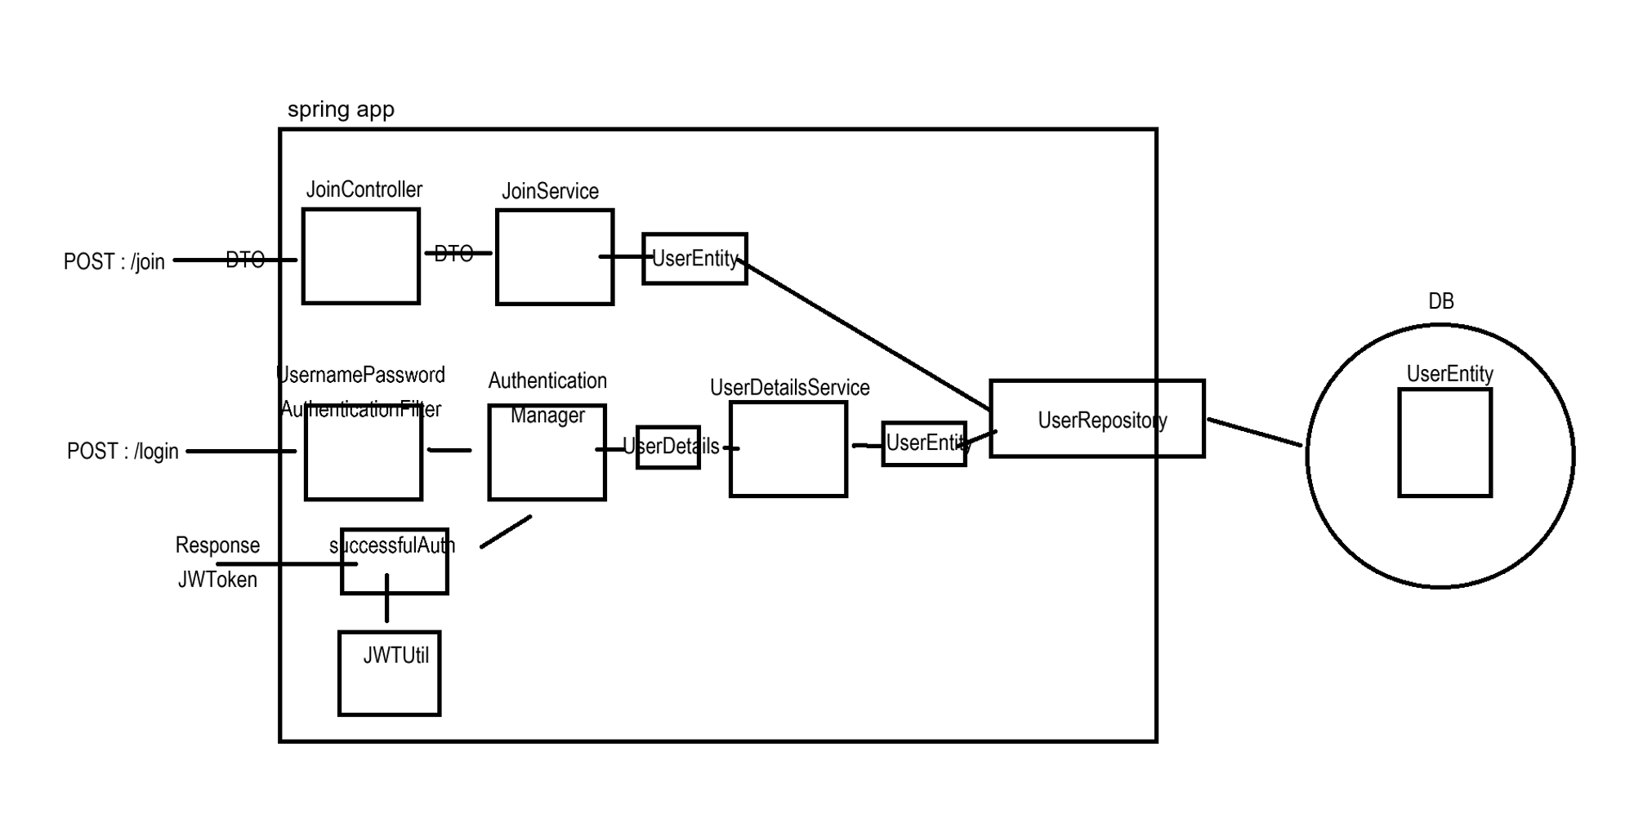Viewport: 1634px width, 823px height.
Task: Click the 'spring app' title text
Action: pyautogui.click(x=341, y=109)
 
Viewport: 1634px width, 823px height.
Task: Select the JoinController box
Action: pyautogui.click(x=360, y=256)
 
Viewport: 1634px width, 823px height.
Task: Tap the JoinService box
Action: pyautogui.click(x=554, y=257)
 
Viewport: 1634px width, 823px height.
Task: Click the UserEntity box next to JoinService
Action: pyautogui.click(x=694, y=259)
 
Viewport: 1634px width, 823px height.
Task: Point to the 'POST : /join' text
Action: pyautogui.click(x=114, y=262)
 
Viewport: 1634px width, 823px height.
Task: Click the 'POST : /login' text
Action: pyautogui.click(x=123, y=452)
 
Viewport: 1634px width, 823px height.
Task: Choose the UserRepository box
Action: pyautogui.click(x=1096, y=419)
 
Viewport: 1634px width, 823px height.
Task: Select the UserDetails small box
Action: pyautogui.click(x=668, y=447)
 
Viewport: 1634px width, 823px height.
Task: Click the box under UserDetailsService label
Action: pyautogui.click(x=788, y=449)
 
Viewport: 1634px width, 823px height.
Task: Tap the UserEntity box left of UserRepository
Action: pyautogui.click(x=924, y=444)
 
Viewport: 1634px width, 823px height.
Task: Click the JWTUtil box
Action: pyautogui.click(x=390, y=674)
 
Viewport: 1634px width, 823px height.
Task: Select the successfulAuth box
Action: pyautogui.click(x=395, y=562)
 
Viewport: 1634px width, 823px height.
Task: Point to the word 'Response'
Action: pyautogui.click(x=217, y=545)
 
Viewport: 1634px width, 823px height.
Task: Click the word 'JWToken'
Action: pyautogui.click(x=217, y=580)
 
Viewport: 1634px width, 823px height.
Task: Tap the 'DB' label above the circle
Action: pyautogui.click(x=1440, y=301)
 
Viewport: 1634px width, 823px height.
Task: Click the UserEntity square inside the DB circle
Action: pyautogui.click(x=1444, y=443)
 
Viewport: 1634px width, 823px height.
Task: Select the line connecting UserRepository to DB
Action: pyautogui.click(x=1254, y=433)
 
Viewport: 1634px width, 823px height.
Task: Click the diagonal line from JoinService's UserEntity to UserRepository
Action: pyautogui.click(x=866, y=335)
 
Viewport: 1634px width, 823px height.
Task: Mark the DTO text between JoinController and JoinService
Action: pyautogui.click(x=453, y=254)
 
